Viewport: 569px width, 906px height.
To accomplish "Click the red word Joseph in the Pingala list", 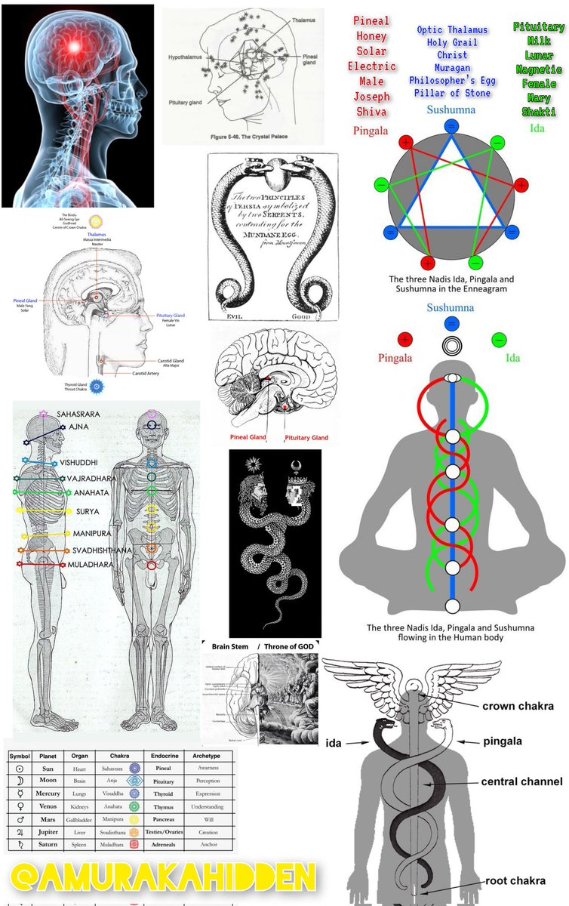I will pyautogui.click(x=371, y=97).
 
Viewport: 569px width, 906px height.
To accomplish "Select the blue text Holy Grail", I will pyautogui.click(x=452, y=42).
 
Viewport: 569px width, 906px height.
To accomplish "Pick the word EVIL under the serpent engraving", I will pyautogui.click(x=227, y=316).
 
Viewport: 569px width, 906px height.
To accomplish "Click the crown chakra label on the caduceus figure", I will pyautogui.click(x=518, y=706).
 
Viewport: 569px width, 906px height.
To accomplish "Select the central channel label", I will pyautogui.click(x=521, y=781).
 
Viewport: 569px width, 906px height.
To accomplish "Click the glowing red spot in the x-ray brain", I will pyautogui.click(x=77, y=48).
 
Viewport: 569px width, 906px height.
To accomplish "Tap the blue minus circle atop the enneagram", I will pyautogui.click(x=451, y=125).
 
